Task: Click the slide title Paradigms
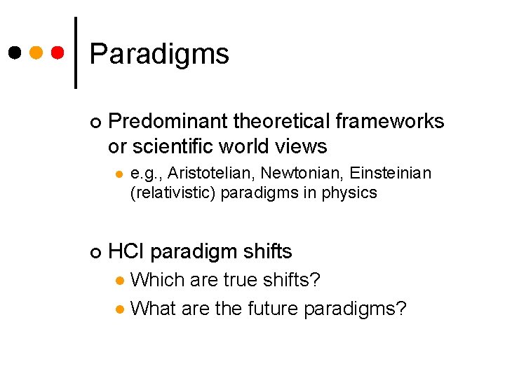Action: (x=159, y=54)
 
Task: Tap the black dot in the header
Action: (x=14, y=52)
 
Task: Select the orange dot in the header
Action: (x=36, y=52)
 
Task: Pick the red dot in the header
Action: (x=59, y=52)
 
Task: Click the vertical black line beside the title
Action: (x=75, y=52)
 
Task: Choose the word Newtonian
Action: (x=294, y=173)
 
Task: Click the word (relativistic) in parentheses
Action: (x=173, y=192)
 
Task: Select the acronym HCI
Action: (x=126, y=251)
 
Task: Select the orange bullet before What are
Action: (x=120, y=309)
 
